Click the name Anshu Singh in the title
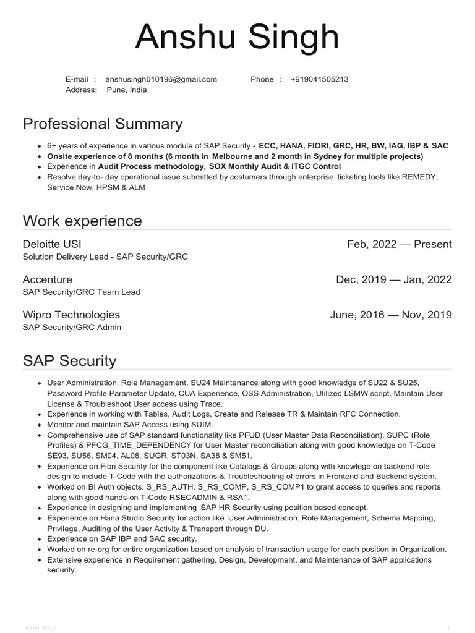click(x=237, y=38)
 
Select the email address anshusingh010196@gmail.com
click(x=161, y=79)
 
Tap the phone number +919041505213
click(x=319, y=79)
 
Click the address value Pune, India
click(x=127, y=90)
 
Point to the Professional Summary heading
click(x=103, y=124)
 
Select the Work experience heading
click(x=82, y=221)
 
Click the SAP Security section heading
click(x=69, y=360)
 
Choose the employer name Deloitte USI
click(x=52, y=244)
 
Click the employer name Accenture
click(x=48, y=279)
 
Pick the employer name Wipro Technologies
click(x=71, y=315)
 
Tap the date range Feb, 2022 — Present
click(x=400, y=244)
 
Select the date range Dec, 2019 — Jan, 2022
click(x=394, y=279)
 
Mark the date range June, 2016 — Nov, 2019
click(x=391, y=315)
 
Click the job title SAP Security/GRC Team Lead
click(x=82, y=292)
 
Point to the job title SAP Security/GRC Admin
click(x=72, y=327)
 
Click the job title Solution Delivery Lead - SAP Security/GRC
click(x=105, y=257)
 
